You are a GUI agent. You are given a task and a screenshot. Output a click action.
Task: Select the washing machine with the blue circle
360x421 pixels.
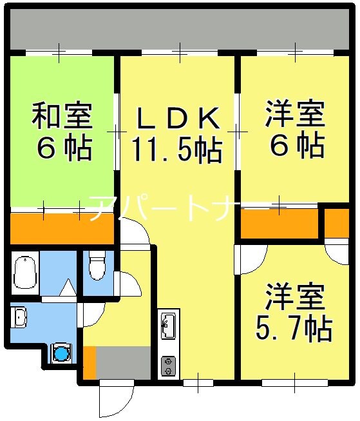tap(61, 353)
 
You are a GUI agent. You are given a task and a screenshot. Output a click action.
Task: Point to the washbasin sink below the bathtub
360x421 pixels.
tap(19, 317)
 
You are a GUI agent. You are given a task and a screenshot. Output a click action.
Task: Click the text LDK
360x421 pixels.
tap(177, 119)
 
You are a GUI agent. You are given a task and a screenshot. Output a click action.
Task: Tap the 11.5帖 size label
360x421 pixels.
tap(177, 150)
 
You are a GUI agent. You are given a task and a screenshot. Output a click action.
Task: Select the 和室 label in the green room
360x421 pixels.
tap(62, 117)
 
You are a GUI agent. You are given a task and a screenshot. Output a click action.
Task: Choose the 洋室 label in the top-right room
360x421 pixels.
tap(294, 117)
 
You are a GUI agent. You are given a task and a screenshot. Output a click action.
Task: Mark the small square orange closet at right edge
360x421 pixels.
tap(335, 223)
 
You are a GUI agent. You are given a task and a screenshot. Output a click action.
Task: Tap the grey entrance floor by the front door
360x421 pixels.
tap(122, 363)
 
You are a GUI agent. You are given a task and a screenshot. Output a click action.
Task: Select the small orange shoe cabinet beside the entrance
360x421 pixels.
tap(90, 363)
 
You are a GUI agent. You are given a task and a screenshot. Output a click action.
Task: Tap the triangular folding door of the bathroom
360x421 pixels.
tap(66, 288)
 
